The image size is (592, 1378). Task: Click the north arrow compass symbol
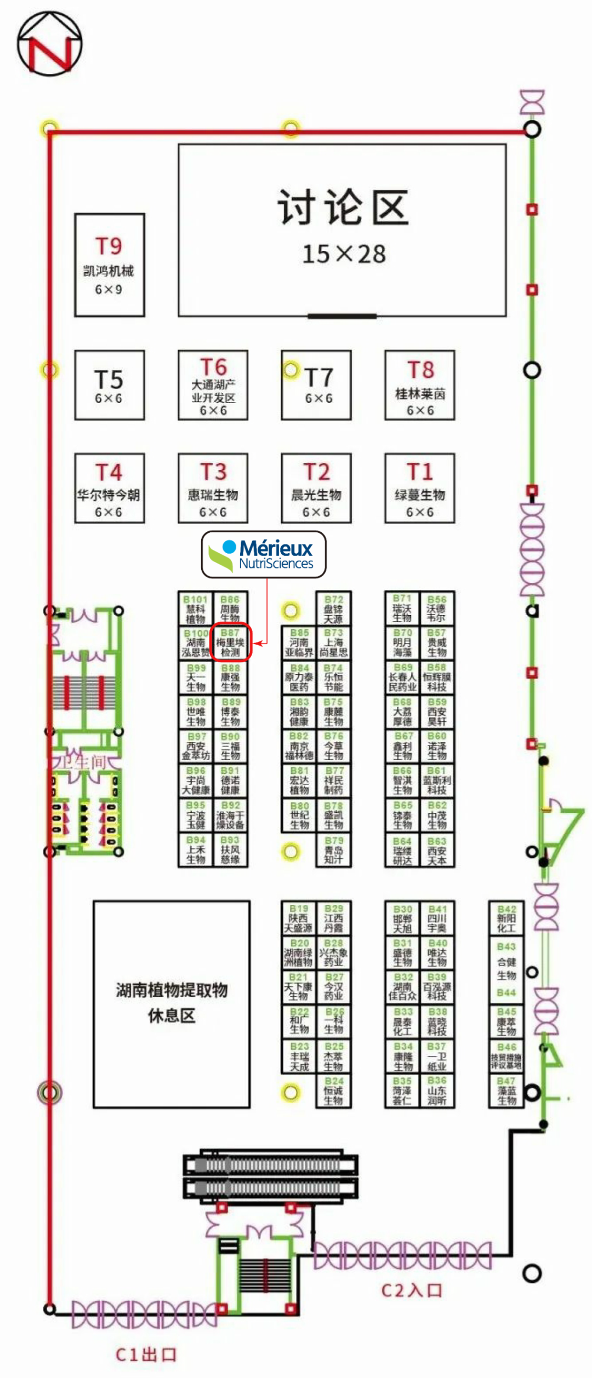(49, 44)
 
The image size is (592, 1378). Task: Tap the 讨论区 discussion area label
(343, 208)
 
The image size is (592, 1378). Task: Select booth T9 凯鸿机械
(109, 265)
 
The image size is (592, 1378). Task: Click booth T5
(109, 385)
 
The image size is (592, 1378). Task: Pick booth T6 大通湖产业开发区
(213, 385)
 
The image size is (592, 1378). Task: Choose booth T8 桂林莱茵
(420, 385)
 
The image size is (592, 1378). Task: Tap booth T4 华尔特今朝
(109, 488)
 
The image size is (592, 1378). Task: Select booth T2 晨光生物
(316, 488)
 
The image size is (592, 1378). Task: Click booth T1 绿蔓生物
(420, 488)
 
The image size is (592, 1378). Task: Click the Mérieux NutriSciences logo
(264, 555)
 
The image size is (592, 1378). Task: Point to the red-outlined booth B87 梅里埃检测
(231, 642)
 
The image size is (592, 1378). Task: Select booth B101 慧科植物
(196, 608)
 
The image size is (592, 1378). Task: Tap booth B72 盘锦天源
(333, 608)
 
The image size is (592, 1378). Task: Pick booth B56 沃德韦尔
(437, 608)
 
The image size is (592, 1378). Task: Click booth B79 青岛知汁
(333, 850)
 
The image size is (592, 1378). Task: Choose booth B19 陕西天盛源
(299, 918)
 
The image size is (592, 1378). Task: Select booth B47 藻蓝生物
(506, 1090)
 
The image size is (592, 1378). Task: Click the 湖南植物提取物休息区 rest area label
(172, 1003)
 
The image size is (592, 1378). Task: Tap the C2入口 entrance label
(412, 1290)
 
